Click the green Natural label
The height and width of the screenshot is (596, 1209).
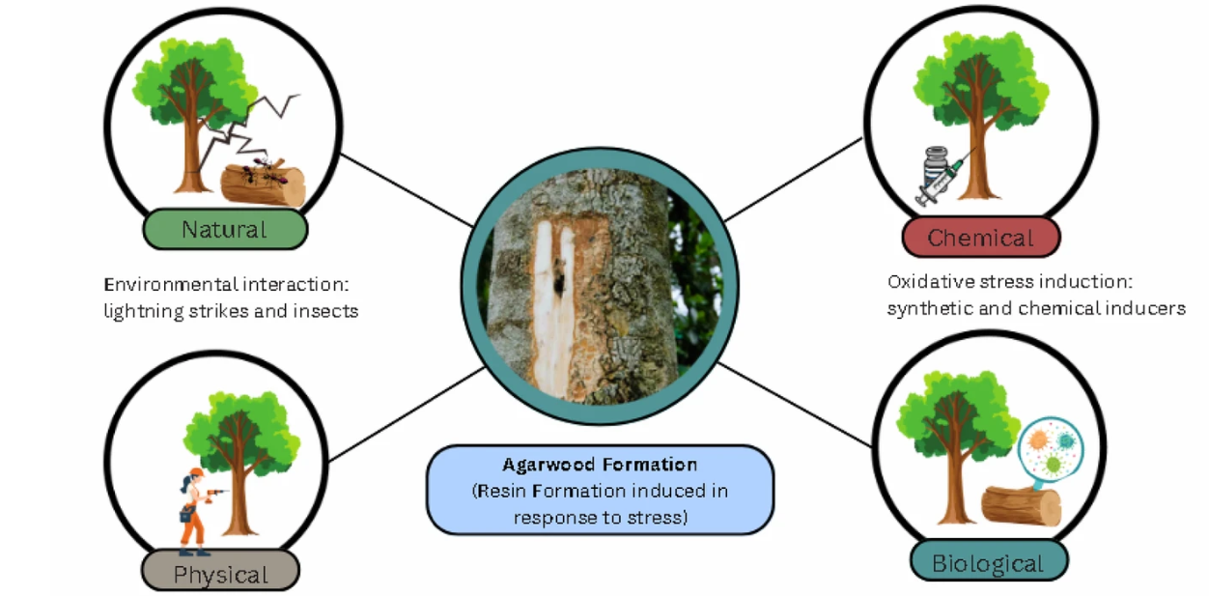pyautogui.click(x=224, y=230)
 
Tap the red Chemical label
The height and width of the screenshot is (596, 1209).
pyautogui.click(x=980, y=238)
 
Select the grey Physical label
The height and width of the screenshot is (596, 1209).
pyautogui.click(x=220, y=574)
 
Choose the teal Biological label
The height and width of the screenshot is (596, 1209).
pyautogui.click(x=988, y=563)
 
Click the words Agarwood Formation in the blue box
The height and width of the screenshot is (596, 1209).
pyautogui.click(x=600, y=465)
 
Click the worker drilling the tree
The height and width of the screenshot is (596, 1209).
pyautogui.click(x=194, y=510)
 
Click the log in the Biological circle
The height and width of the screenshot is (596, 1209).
pyautogui.click(x=1021, y=505)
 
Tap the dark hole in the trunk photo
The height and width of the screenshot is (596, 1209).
pyautogui.click(x=557, y=285)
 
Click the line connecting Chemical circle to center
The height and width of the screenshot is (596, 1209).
pyautogui.click(x=795, y=179)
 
